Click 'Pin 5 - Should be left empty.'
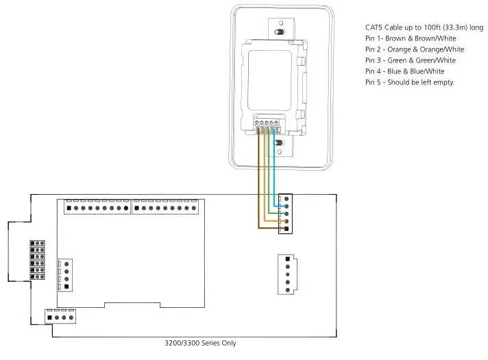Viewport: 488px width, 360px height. [x=409, y=82]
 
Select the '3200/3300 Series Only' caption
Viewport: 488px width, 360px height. [x=200, y=343]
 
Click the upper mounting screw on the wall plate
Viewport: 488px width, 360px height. [x=278, y=32]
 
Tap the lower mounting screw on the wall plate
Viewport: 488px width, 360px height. [x=278, y=143]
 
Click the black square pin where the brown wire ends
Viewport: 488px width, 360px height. [x=286, y=230]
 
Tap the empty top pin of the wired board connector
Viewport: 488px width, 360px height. [x=286, y=198]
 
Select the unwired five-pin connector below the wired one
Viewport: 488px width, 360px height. [x=286, y=274]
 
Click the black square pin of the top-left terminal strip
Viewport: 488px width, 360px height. [x=68, y=208]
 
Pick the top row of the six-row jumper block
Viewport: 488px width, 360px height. [x=37, y=243]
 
